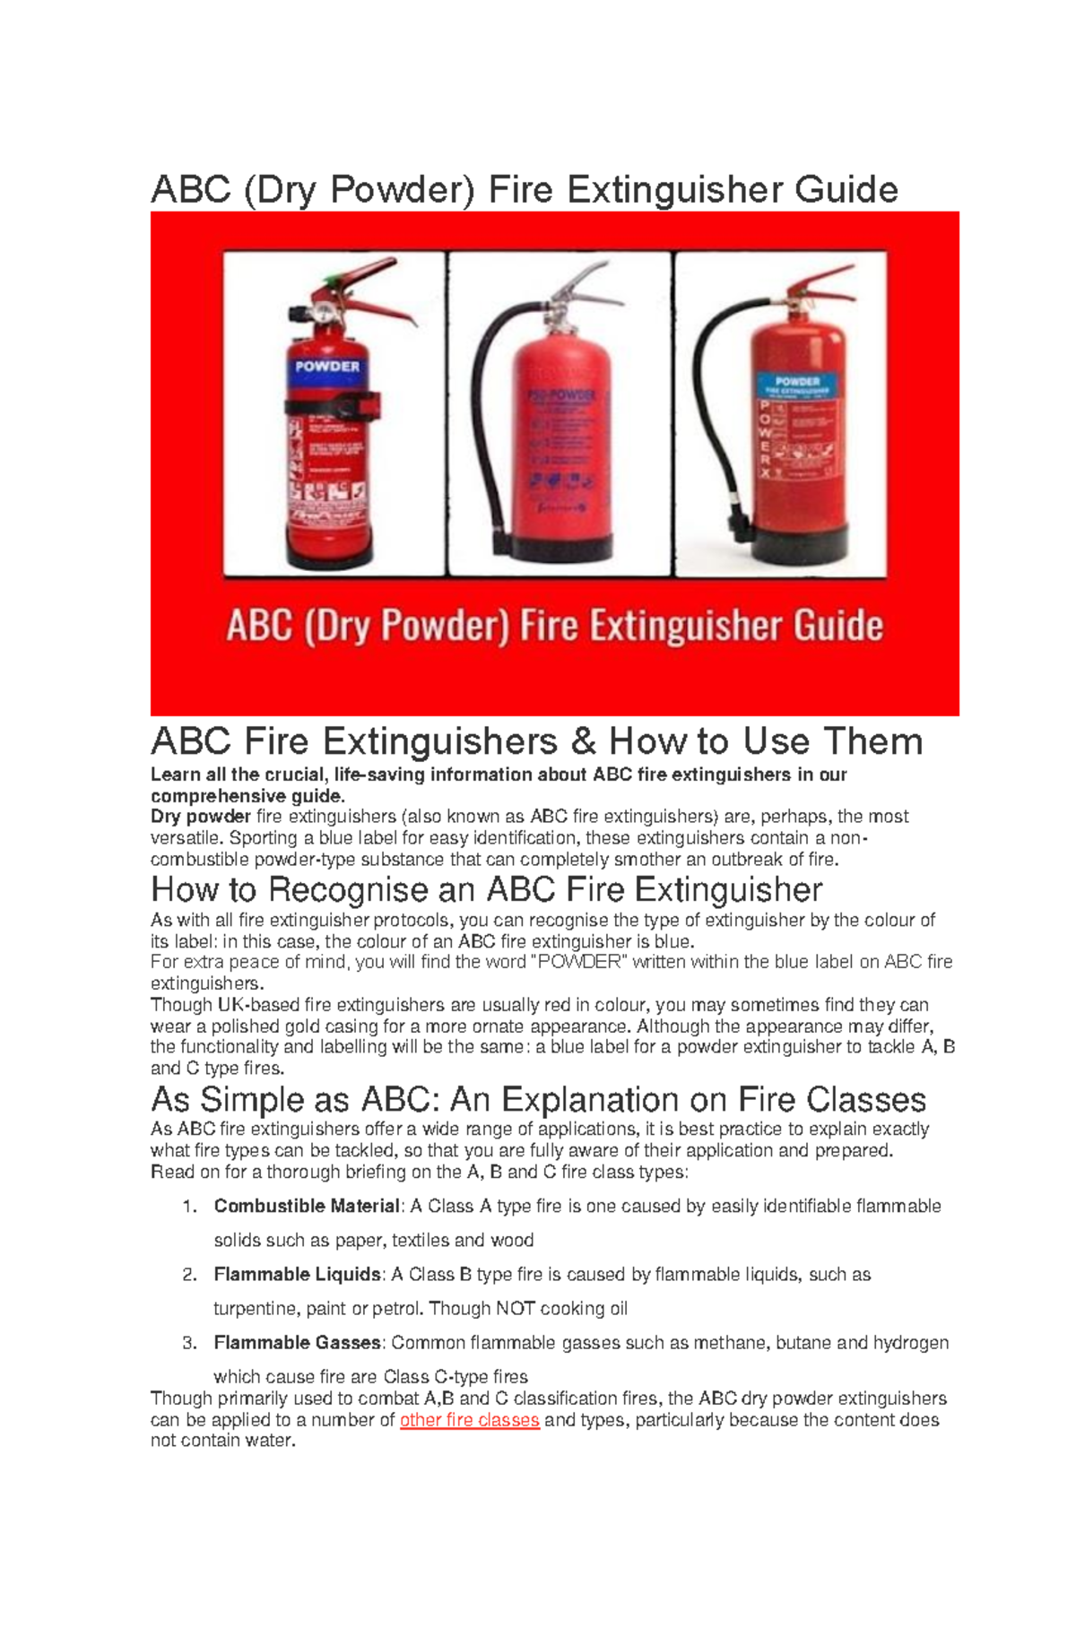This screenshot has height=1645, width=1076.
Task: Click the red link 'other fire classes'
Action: pos(469,1420)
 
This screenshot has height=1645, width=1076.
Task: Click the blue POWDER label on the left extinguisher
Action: pos(327,367)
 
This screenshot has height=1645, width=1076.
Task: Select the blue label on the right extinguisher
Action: pos(797,385)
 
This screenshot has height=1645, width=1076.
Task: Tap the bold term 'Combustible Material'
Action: pos(307,1207)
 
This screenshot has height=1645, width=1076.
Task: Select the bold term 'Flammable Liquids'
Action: pos(298,1275)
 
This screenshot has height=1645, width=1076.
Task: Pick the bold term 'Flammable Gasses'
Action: pos(298,1343)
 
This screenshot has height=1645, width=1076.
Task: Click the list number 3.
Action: pos(188,1343)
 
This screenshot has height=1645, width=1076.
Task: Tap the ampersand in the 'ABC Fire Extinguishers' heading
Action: pos(583,742)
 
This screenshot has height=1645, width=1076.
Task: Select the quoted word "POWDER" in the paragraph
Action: pos(575,963)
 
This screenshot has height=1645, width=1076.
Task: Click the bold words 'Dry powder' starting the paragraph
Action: pos(201,817)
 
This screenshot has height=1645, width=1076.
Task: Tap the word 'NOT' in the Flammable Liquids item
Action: pos(515,1309)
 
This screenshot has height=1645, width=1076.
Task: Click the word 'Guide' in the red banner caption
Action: pos(837,626)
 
